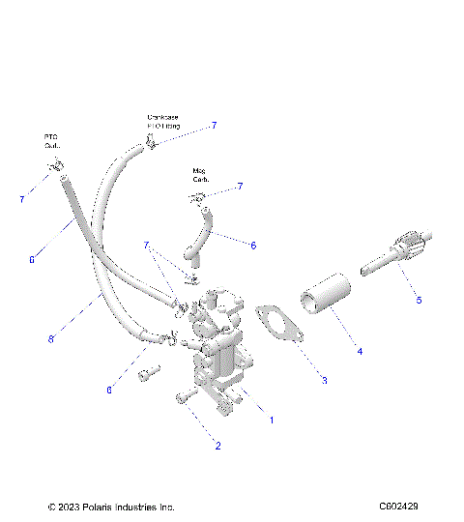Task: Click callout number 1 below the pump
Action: coord(272,420)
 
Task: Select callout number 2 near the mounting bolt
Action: coord(217,446)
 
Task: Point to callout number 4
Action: coord(360,352)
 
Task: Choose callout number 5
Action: coord(419,301)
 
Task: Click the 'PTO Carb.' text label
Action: coord(51,142)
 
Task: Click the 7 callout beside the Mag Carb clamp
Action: coord(240,186)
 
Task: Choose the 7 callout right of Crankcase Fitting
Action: coord(214,126)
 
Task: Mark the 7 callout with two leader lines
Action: coord(147,246)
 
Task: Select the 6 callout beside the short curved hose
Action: coord(253,246)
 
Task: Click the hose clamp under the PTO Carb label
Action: coord(55,168)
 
